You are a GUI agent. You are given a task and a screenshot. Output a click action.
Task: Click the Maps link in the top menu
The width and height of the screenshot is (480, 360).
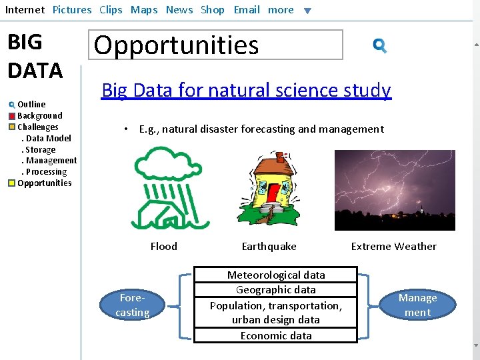click(x=144, y=10)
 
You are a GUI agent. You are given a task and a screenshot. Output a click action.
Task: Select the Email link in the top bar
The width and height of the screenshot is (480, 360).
click(x=247, y=10)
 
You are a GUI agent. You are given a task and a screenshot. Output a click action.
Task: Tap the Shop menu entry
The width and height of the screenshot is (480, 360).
click(x=213, y=10)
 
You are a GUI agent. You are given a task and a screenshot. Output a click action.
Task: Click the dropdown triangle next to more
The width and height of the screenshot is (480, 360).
click(x=307, y=11)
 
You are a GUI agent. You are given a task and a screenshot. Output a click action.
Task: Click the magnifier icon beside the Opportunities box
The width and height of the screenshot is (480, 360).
click(x=380, y=45)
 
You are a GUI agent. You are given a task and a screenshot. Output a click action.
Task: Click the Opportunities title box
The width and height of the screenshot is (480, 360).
click(x=216, y=45)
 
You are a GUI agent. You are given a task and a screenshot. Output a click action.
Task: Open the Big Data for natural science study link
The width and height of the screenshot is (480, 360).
click(x=246, y=90)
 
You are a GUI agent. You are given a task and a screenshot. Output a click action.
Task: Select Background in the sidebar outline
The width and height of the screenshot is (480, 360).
click(x=39, y=115)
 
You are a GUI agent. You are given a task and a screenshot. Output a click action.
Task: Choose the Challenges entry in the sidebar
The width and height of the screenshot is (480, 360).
click(x=37, y=127)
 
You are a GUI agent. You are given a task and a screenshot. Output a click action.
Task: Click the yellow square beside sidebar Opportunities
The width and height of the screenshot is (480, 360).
click(x=12, y=183)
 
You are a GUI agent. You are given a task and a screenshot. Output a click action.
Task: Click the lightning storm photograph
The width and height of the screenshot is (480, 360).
click(x=394, y=190)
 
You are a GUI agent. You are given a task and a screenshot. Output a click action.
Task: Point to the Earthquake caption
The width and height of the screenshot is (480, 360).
click(x=269, y=247)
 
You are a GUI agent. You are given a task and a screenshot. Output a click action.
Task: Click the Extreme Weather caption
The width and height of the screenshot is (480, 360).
click(x=393, y=247)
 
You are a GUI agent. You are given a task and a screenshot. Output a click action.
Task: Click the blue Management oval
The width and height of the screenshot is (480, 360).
click(x=417, y=305)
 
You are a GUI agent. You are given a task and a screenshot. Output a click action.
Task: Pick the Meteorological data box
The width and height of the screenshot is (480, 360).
click(x=276, y=275)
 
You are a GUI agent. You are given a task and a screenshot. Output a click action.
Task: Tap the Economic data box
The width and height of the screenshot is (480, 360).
click(x=276, y=335)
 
